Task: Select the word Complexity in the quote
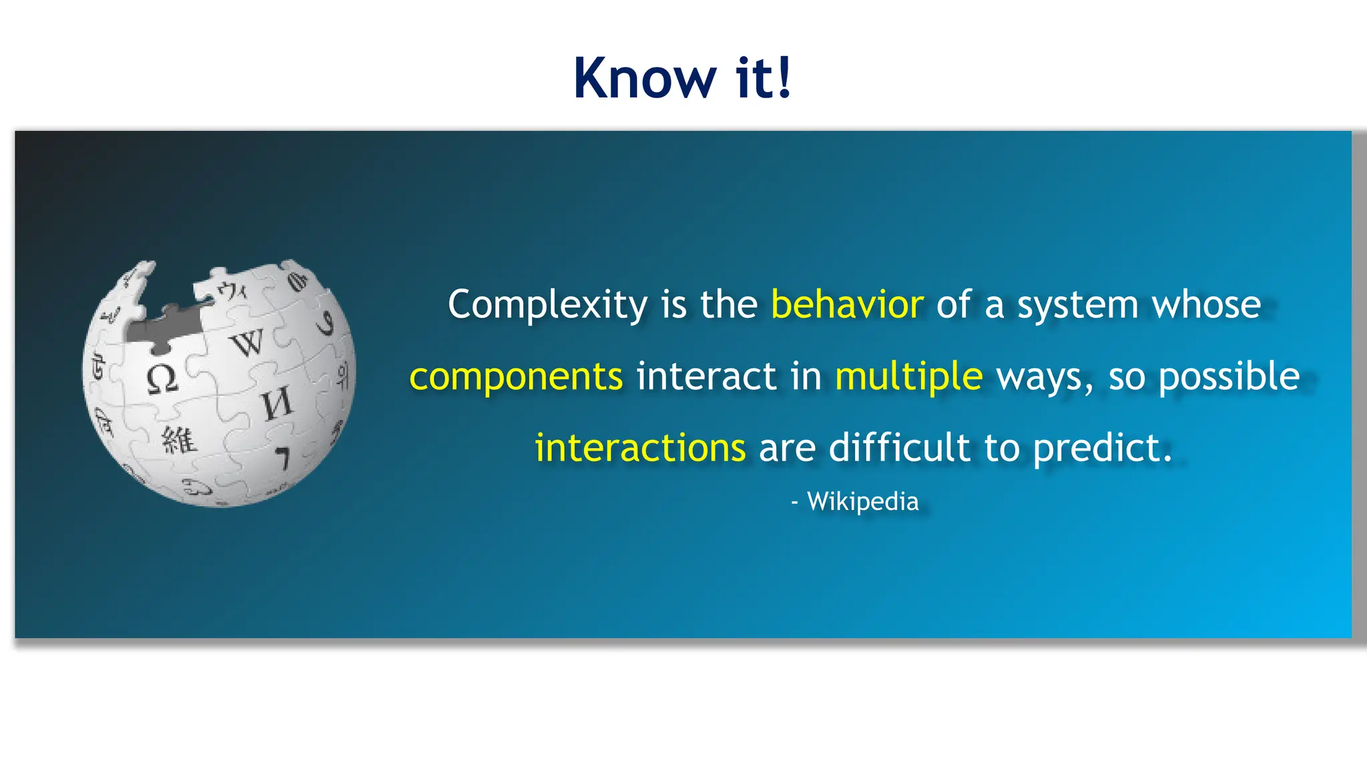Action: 547,306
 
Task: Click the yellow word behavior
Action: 847,305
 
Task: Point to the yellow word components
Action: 516,376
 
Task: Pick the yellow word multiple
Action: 908,376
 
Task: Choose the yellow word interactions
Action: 640,448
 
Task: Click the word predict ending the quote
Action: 1101,448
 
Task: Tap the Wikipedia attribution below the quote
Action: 862,501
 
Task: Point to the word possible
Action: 1229,376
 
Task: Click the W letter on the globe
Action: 248,343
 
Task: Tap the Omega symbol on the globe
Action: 162,379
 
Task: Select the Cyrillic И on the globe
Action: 276,404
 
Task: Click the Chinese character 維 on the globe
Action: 179,440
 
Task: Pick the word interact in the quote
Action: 706,376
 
